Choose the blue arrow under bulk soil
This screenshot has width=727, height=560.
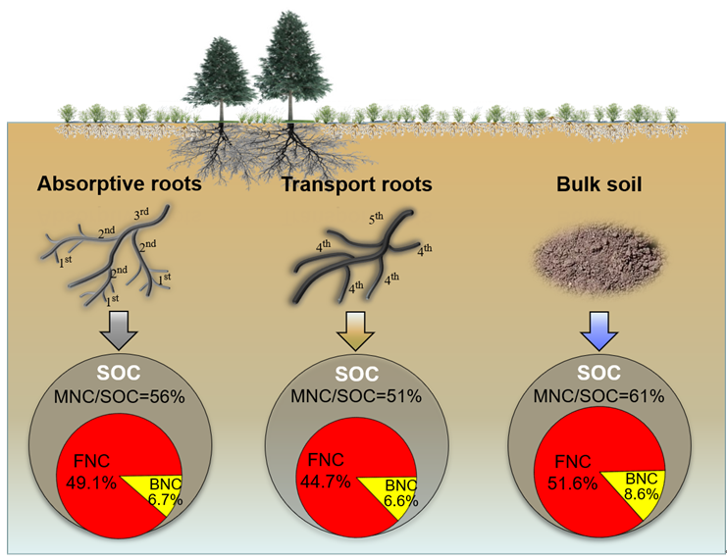click(x=597, y=331)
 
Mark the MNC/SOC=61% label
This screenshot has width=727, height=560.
click(x=598, y=397)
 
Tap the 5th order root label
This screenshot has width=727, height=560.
click(x=377, y=219)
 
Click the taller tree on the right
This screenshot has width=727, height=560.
click(x=289, y=64)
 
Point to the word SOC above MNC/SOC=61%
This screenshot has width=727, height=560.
click(x=598, y=374)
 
